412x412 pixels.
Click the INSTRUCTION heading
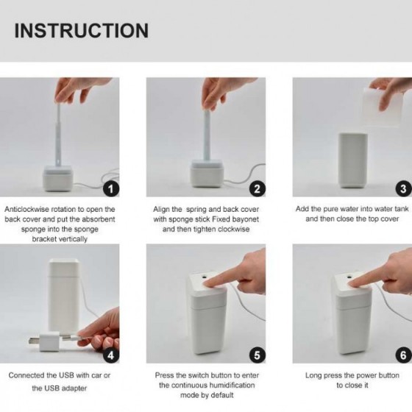coord(81,30)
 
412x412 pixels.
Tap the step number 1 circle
coord(109,188)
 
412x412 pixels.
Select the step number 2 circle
coord(256,188)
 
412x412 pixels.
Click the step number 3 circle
coord(403,188)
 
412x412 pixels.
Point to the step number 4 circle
coord(109,355)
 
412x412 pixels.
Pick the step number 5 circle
coord(256,355)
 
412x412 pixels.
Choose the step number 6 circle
coord(403,355)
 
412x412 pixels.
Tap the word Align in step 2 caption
coord(166,209)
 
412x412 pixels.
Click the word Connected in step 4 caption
coord(29,375)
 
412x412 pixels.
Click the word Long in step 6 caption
coord(314,375)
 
